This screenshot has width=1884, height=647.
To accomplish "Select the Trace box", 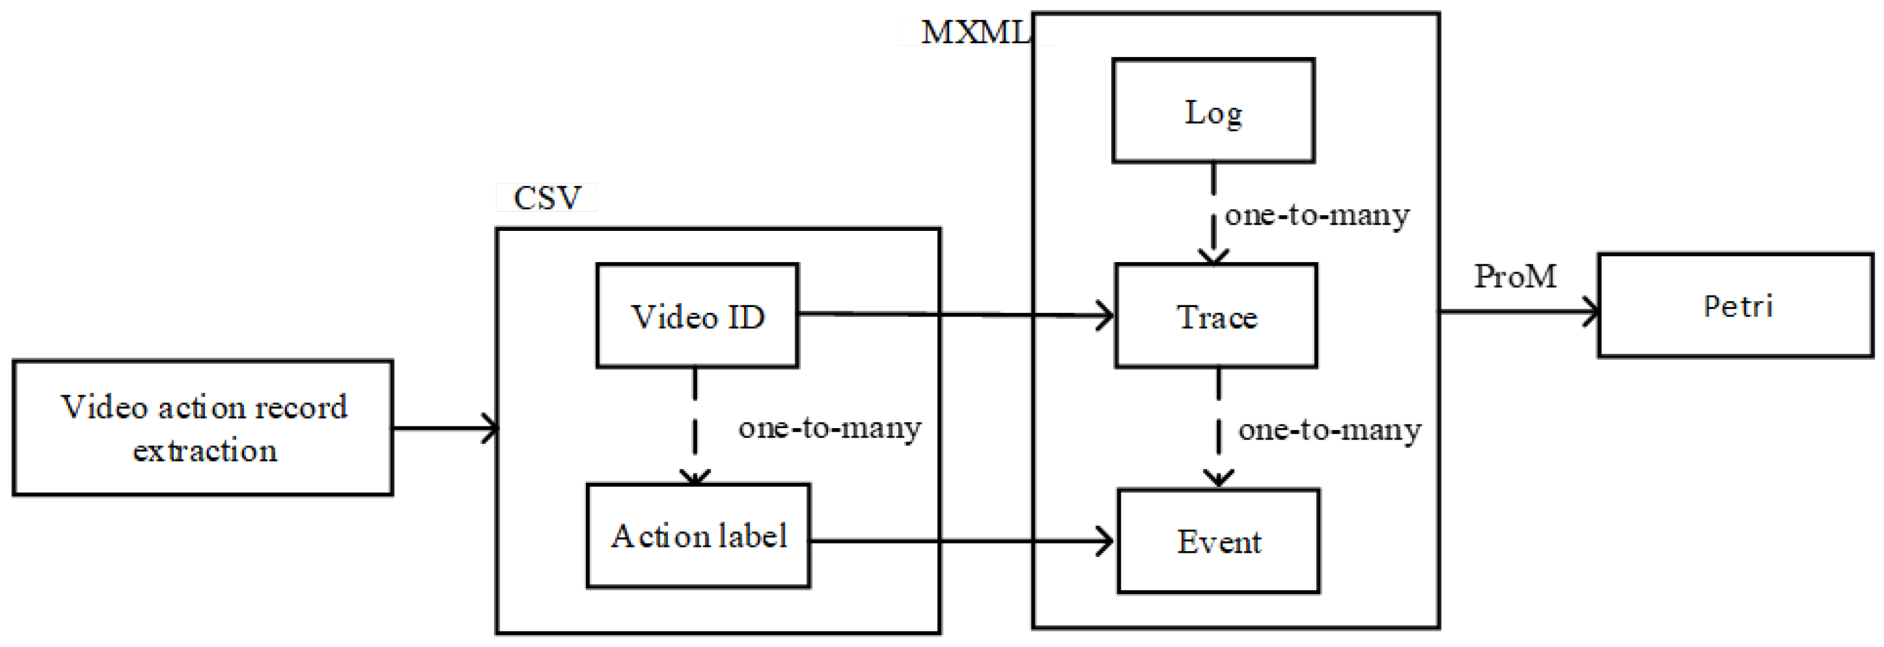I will point(1215,316).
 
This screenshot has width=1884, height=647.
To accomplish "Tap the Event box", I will point(1218,541).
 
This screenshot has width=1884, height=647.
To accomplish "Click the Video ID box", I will point(697,316).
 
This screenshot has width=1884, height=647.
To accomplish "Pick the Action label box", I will point(699,536).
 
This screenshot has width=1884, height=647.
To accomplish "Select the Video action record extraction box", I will point(203,428).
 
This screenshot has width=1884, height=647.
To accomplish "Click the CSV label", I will point(547,197).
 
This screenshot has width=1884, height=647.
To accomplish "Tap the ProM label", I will point(1515,276).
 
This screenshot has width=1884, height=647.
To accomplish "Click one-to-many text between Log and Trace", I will point(1316,215).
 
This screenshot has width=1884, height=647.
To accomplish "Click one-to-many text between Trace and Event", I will point(1329,429).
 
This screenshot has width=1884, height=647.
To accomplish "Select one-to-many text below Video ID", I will point(829,427).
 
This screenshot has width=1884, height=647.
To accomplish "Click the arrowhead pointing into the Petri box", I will point(1591,311).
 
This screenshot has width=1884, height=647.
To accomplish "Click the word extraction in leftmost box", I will point(205,450).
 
